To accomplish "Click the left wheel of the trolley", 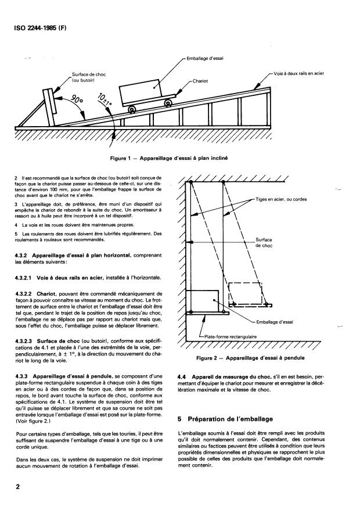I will coord(133,109).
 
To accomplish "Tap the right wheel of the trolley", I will coord(168,103).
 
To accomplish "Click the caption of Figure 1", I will coord(172,157).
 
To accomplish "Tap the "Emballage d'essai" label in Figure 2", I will coord(276,321).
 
